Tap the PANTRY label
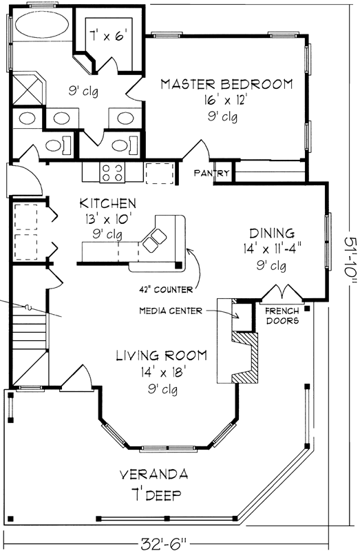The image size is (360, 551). pyautogui.click(x=211, y=174)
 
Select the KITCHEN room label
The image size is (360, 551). pyautogui.click(x=107, y=204)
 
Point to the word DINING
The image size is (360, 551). pyautogui.click(x=272, y=233)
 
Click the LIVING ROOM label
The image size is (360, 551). pyautogui.click(x=161, y=356)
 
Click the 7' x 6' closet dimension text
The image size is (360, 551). pyautogui.click(x=108, y=32)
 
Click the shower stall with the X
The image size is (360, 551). pyautogui.click(x=28, y=87)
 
